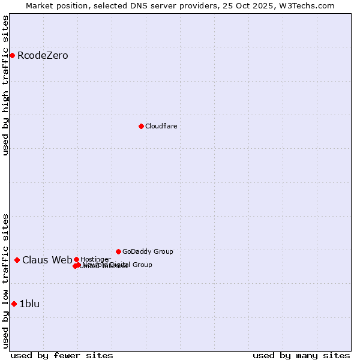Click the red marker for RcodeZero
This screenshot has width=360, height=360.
(12, 56)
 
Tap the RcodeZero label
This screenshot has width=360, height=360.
(43, 56)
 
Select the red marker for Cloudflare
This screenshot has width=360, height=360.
(141, 126)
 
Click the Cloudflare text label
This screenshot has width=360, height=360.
(161, 126)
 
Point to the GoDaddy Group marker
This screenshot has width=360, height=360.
(118, 251)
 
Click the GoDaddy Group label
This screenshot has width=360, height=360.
(148, 251)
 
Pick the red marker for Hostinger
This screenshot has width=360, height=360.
(76, 259)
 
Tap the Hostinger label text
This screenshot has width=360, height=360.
(95, 259)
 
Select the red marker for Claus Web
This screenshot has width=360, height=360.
(17, 260)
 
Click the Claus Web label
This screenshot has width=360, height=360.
(47, 260)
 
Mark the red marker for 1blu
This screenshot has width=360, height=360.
(14, 304)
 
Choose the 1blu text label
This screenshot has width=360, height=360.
(29, 304)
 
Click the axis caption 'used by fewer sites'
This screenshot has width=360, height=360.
(62, 355)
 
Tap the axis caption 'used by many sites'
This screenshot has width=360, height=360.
(301, 355)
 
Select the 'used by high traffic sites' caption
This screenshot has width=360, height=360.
(5, 85)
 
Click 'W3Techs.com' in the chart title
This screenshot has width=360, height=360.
(310, 5)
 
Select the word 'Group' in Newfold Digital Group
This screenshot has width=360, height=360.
(142, 265)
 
